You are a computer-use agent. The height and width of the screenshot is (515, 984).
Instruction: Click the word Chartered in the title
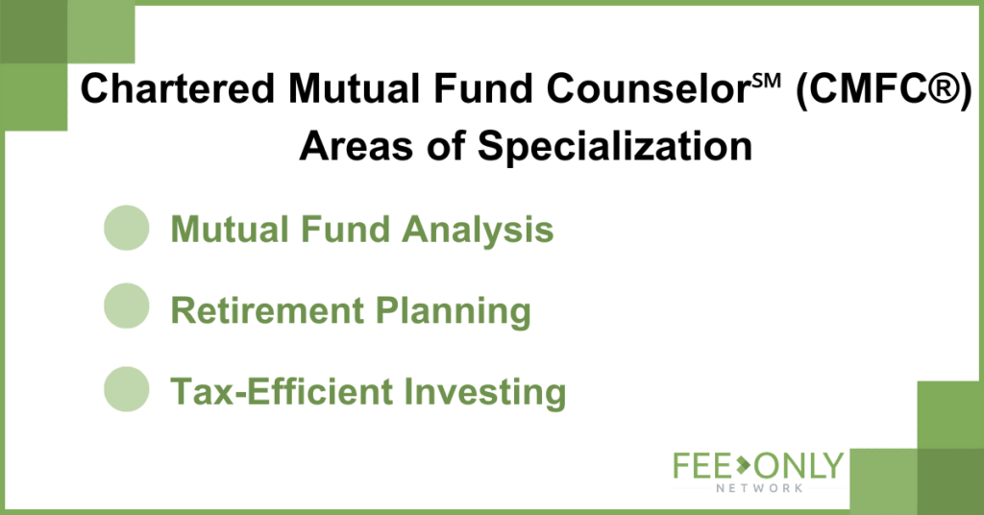[178, 88]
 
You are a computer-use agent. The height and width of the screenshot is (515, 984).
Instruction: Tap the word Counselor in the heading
[649, 88]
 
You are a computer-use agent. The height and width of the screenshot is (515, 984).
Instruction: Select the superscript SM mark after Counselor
[766, 81]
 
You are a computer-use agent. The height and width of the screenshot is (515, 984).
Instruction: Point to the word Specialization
[615, 147]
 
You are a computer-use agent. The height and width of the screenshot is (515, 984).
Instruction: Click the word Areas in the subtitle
[356, 146]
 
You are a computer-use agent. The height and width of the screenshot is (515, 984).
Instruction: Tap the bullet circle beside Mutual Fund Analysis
[126, 228]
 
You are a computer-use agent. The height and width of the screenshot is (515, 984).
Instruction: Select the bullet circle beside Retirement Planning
[126, 306]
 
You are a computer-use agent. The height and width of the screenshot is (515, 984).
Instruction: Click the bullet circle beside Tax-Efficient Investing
[126, 389]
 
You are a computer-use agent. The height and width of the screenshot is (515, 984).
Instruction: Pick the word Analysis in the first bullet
[478, 230]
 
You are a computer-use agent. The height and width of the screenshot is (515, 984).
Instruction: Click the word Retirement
[267, 310]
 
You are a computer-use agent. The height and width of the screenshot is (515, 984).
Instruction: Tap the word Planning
[454, 311]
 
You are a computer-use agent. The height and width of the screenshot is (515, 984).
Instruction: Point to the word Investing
[485, 393]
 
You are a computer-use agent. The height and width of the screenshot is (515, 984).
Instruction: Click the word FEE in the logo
[702, 466]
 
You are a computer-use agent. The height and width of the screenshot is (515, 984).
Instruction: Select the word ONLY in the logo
[799, 465]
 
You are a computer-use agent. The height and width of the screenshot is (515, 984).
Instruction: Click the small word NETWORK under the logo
[759, 488]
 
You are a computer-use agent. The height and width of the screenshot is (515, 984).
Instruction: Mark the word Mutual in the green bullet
[230, 229]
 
